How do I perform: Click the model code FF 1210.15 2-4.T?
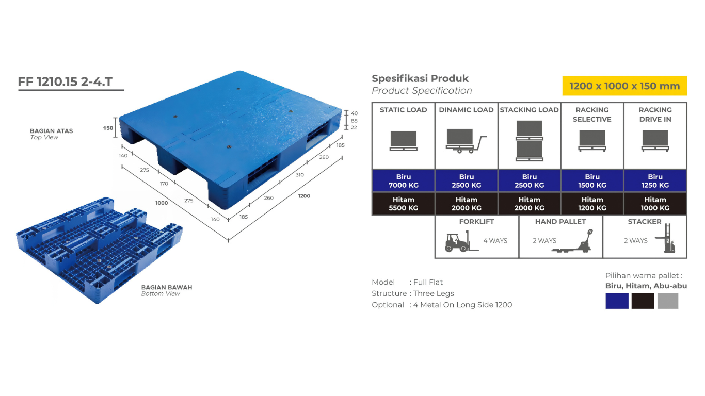coord(65,82)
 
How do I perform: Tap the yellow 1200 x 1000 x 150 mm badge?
coord(624,86)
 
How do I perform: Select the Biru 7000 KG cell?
coord(404,181)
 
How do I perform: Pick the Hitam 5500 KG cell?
coord(404,204)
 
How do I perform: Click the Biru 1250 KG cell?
coord(655,181)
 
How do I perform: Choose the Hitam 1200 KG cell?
coord(592,204)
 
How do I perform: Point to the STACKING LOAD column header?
coord(529,110)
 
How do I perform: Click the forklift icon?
coord(461,241)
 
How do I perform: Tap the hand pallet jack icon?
coord(572,241)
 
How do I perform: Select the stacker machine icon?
coord(666,238)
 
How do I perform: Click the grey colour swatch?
coord(667,301)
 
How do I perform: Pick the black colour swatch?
coord(643,301)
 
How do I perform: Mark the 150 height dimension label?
coord(108,128)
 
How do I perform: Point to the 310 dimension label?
coord(300,175)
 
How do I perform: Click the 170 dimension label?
coord(164,184)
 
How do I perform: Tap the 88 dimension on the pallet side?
coord(354,121)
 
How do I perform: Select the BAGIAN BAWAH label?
coord(167,287)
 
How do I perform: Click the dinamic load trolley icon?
coord(466,141)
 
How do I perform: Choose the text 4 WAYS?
coord(495,241)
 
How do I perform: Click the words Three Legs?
coord(434,293)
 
